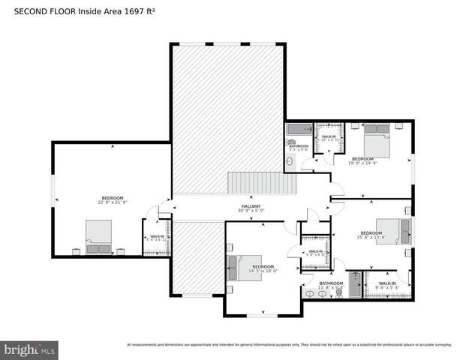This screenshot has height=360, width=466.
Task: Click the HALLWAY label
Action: point(251,206)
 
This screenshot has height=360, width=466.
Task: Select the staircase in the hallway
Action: point(263,182)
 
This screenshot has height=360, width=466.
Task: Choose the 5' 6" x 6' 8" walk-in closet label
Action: point(315,252)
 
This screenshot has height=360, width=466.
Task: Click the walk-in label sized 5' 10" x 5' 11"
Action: point(329,138)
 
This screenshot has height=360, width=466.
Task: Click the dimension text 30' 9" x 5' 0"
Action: point(251,211)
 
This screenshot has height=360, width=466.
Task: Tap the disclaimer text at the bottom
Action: point(289,345)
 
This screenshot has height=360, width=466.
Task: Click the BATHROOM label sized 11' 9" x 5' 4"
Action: point(331,283)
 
